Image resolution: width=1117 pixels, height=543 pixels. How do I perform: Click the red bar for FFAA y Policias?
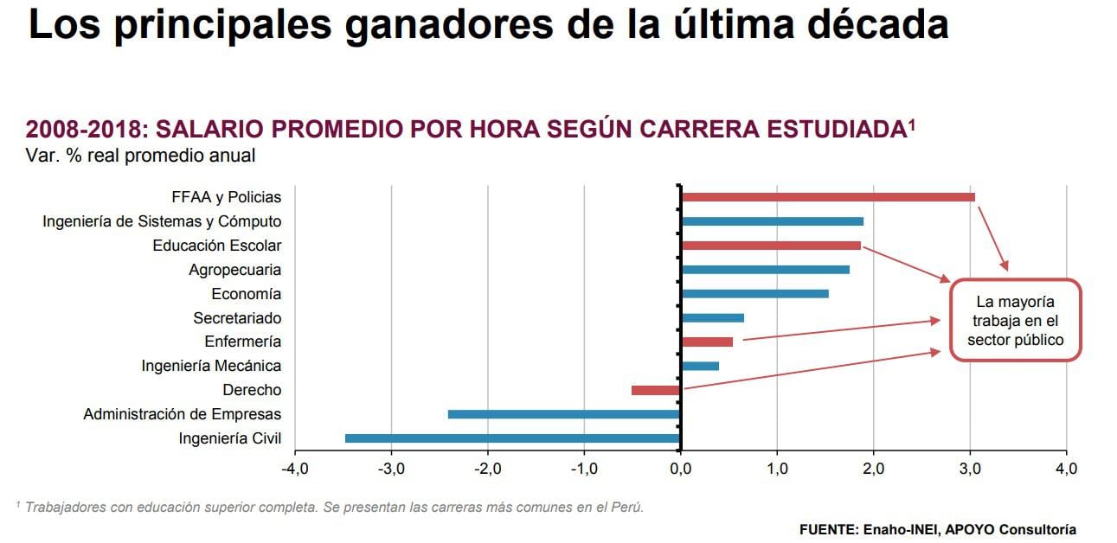[x=827, y=197]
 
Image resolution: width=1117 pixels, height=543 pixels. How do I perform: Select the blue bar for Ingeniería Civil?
[x=512, y=438]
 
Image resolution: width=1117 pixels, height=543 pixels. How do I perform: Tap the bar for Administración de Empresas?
[x=564, y=414]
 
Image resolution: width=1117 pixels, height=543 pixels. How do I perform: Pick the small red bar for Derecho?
[x=656, y=390]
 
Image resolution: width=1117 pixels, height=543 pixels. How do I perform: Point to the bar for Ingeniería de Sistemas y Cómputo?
[x=772, y=221]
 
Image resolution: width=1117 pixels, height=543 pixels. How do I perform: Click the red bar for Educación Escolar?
[x=770, y=246]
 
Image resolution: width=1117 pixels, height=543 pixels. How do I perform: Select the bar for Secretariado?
[x=712, y=318]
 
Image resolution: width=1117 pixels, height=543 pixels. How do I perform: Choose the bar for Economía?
[x=754, y=294]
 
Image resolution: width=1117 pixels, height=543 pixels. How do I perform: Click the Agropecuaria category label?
[x=234, y=270]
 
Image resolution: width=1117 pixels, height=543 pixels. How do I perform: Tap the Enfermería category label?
[x=242, y=342]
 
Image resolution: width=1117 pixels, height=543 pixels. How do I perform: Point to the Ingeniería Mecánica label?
[x=211, y=367]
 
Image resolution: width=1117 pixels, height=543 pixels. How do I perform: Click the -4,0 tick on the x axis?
[x=295, y=470]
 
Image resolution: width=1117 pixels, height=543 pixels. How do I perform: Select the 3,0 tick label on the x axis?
[x=970, y=470]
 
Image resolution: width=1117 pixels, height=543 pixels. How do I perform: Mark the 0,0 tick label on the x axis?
[x=681, y=470]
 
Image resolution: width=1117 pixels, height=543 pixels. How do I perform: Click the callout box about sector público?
[x=1015, y=321]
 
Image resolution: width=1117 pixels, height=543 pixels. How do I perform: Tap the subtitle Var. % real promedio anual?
[x=141, y=156]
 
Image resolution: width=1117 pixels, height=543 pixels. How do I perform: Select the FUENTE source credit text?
[x=937, y=529]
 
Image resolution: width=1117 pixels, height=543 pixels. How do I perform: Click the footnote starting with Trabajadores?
[x=330, y=508]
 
